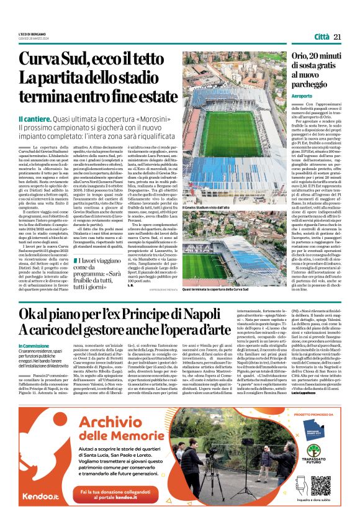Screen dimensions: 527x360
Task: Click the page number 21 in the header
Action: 338,37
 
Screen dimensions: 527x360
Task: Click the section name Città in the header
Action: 321,37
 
